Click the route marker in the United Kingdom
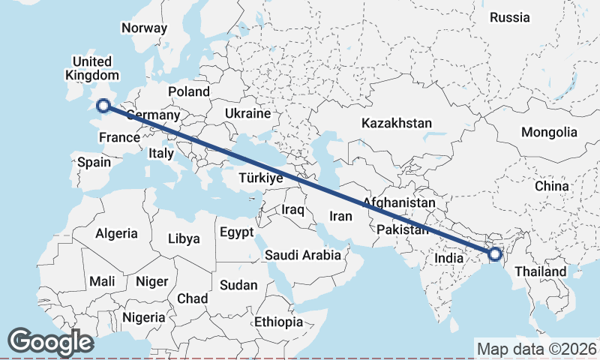click(103, 106)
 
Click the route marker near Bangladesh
click(495, 254)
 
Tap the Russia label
click(510, 17)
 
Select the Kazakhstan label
click(397, 123)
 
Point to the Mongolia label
click(550, 133)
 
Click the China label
click(551, 186)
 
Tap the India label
click(449, 259)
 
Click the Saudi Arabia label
click(303, 256)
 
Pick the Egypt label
click(237, 232)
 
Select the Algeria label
click(116, 233)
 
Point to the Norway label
click(144, 28)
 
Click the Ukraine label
click(247, 114)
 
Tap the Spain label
click(94, 162)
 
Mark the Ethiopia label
click(278, 322)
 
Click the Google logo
click(51, 341)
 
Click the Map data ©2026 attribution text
click(537, 349)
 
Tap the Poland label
click(189, 91)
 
